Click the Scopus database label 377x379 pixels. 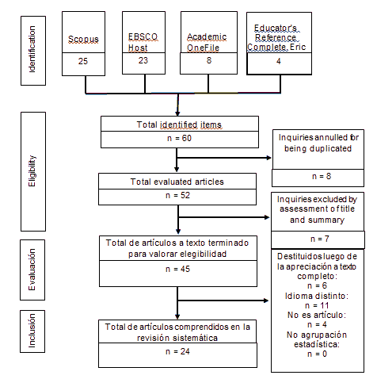pos(83,40)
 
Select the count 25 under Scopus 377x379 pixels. pos(83,61)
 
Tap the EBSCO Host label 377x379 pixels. pos(143,42)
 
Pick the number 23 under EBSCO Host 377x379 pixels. pos(143,60)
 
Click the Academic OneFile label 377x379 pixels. pos(207,42)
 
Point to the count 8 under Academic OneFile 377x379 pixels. pos(209,60)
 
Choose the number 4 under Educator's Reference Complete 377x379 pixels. pos(279,61)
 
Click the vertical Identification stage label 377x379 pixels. pos(32,49)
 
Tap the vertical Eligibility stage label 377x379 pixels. pos(32,171)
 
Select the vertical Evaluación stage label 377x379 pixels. pos(32,270)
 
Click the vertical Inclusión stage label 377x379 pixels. pos(32,331)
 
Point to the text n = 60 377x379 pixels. pos(179,138)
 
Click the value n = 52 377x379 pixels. pos(177,195)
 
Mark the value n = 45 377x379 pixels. pos(177,269)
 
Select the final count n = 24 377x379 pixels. pos(177,351)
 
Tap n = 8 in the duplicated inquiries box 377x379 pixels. pos(322,176)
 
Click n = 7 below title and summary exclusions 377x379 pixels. pos(320,239)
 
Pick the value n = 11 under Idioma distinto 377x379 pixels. pos(317,305)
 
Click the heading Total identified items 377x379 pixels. pos(179,124)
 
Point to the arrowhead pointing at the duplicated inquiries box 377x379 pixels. pos(269,158)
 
